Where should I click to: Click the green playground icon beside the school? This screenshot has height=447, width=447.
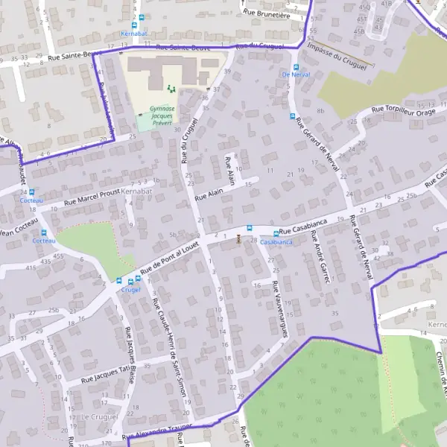point(171,89)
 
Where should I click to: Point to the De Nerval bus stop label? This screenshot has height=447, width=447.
point(295,74)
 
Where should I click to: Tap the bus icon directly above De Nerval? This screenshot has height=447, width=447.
point(291,64)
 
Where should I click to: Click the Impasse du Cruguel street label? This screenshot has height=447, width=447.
point(336,57)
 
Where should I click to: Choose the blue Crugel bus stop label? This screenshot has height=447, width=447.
point(131,291)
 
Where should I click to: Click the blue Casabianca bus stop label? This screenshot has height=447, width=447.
point(276,242)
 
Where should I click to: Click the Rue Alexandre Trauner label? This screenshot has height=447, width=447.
point(157,431)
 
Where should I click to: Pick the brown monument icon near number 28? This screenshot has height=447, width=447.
point(238,239)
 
